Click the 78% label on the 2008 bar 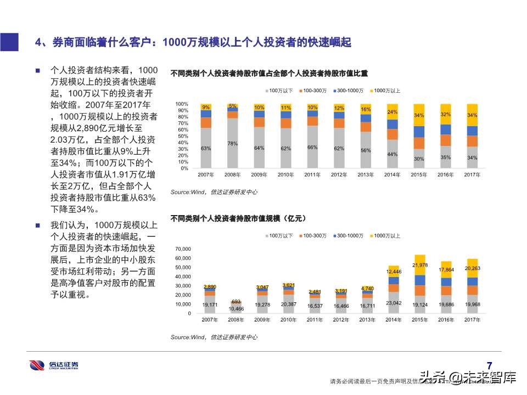click(x=233, y=144)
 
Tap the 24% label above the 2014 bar click(x=393, y=112)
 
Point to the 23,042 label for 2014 click(x=393, y=303)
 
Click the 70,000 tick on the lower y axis click(x=183, y=249)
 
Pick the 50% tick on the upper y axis click(x=182, y=136)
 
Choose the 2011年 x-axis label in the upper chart click(x=313, y=174)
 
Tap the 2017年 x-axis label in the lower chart click(x=472, y=319)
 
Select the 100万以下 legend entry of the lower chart click(x=281, y=235)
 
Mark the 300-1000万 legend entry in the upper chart click(x=349, y=90)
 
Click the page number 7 click(x=490, y=365)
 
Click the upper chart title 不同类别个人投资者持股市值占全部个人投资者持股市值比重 click(x=268, y=73)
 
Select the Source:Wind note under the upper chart click(x=214, y=192)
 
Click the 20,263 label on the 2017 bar click(x=472, y=269)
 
